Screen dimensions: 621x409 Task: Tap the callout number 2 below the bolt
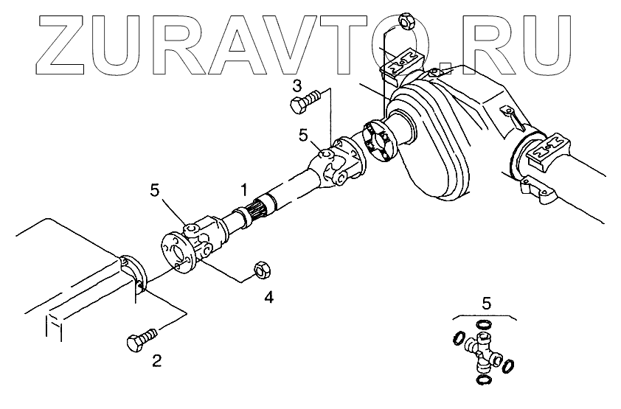[156, 360]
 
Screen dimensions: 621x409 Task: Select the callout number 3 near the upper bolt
[296, 85]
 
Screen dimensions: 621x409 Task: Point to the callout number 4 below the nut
[269, 298]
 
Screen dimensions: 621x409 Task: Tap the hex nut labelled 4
[260, 270]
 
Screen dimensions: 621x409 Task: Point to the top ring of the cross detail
[483, 324]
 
